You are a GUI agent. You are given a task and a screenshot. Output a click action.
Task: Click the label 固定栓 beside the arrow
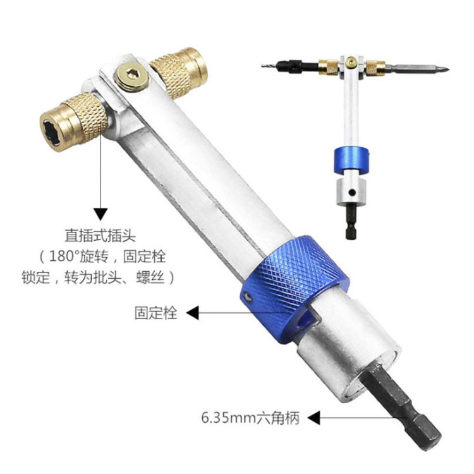pos(155,312)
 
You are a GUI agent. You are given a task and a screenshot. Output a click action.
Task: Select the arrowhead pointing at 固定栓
pos(194,312)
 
